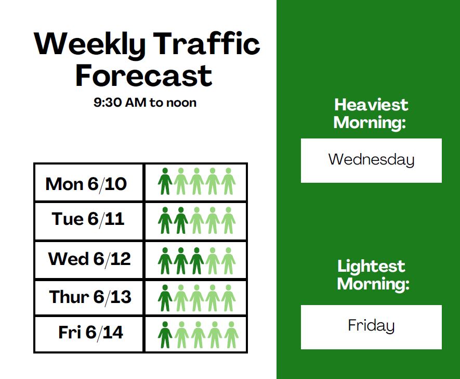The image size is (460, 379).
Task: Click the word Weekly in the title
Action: tap(90, 44)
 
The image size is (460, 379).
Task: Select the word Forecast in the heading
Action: tap(144, 75)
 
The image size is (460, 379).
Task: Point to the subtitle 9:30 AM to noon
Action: tap(145, 103)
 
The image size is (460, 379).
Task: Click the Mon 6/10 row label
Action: tap(86, 184)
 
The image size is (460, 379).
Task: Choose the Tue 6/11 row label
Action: tap(88, 219)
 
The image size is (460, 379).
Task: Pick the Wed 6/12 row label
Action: tap(89, 259)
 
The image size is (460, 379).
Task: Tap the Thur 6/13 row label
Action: tap(90, 297)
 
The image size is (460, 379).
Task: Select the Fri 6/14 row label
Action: tap(90, 332)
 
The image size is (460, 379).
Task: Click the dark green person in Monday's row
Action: tap(165, 181)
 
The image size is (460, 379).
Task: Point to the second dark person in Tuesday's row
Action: tap(181, 220)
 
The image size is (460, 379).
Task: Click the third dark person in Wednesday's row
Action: tap(197, 261)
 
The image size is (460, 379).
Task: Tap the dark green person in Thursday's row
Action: tap(165, 298)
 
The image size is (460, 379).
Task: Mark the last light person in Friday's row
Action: tap(231, 335)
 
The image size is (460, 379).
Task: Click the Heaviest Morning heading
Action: tap(371, 113)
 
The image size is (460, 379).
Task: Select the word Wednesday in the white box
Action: tap(372, 159)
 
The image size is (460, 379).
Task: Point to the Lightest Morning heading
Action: tap(373, 275)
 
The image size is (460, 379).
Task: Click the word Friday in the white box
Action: tap(372, 325)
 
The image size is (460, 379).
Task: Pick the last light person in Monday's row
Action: tap(229, 181)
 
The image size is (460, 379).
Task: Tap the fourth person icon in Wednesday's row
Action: tap(213, 261)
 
